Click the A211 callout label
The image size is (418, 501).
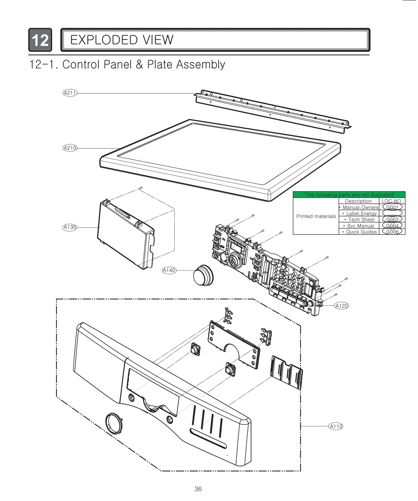point(70,93)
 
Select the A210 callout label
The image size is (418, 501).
point(70,148)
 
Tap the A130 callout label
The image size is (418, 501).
point(70,227)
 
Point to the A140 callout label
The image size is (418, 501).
point(169,270)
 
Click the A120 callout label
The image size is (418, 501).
point(341,306)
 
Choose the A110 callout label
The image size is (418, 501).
point(335,427)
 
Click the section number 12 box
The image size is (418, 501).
point(40,40)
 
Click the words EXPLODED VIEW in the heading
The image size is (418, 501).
point(121,40)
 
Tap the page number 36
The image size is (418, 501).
point(198,489)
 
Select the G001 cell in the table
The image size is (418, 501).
point(392,207)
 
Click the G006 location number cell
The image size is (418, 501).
point(392,232)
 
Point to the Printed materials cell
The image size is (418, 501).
point(316,216)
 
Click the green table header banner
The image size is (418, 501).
point(349,195)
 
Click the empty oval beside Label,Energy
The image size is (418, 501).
point(392,213)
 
